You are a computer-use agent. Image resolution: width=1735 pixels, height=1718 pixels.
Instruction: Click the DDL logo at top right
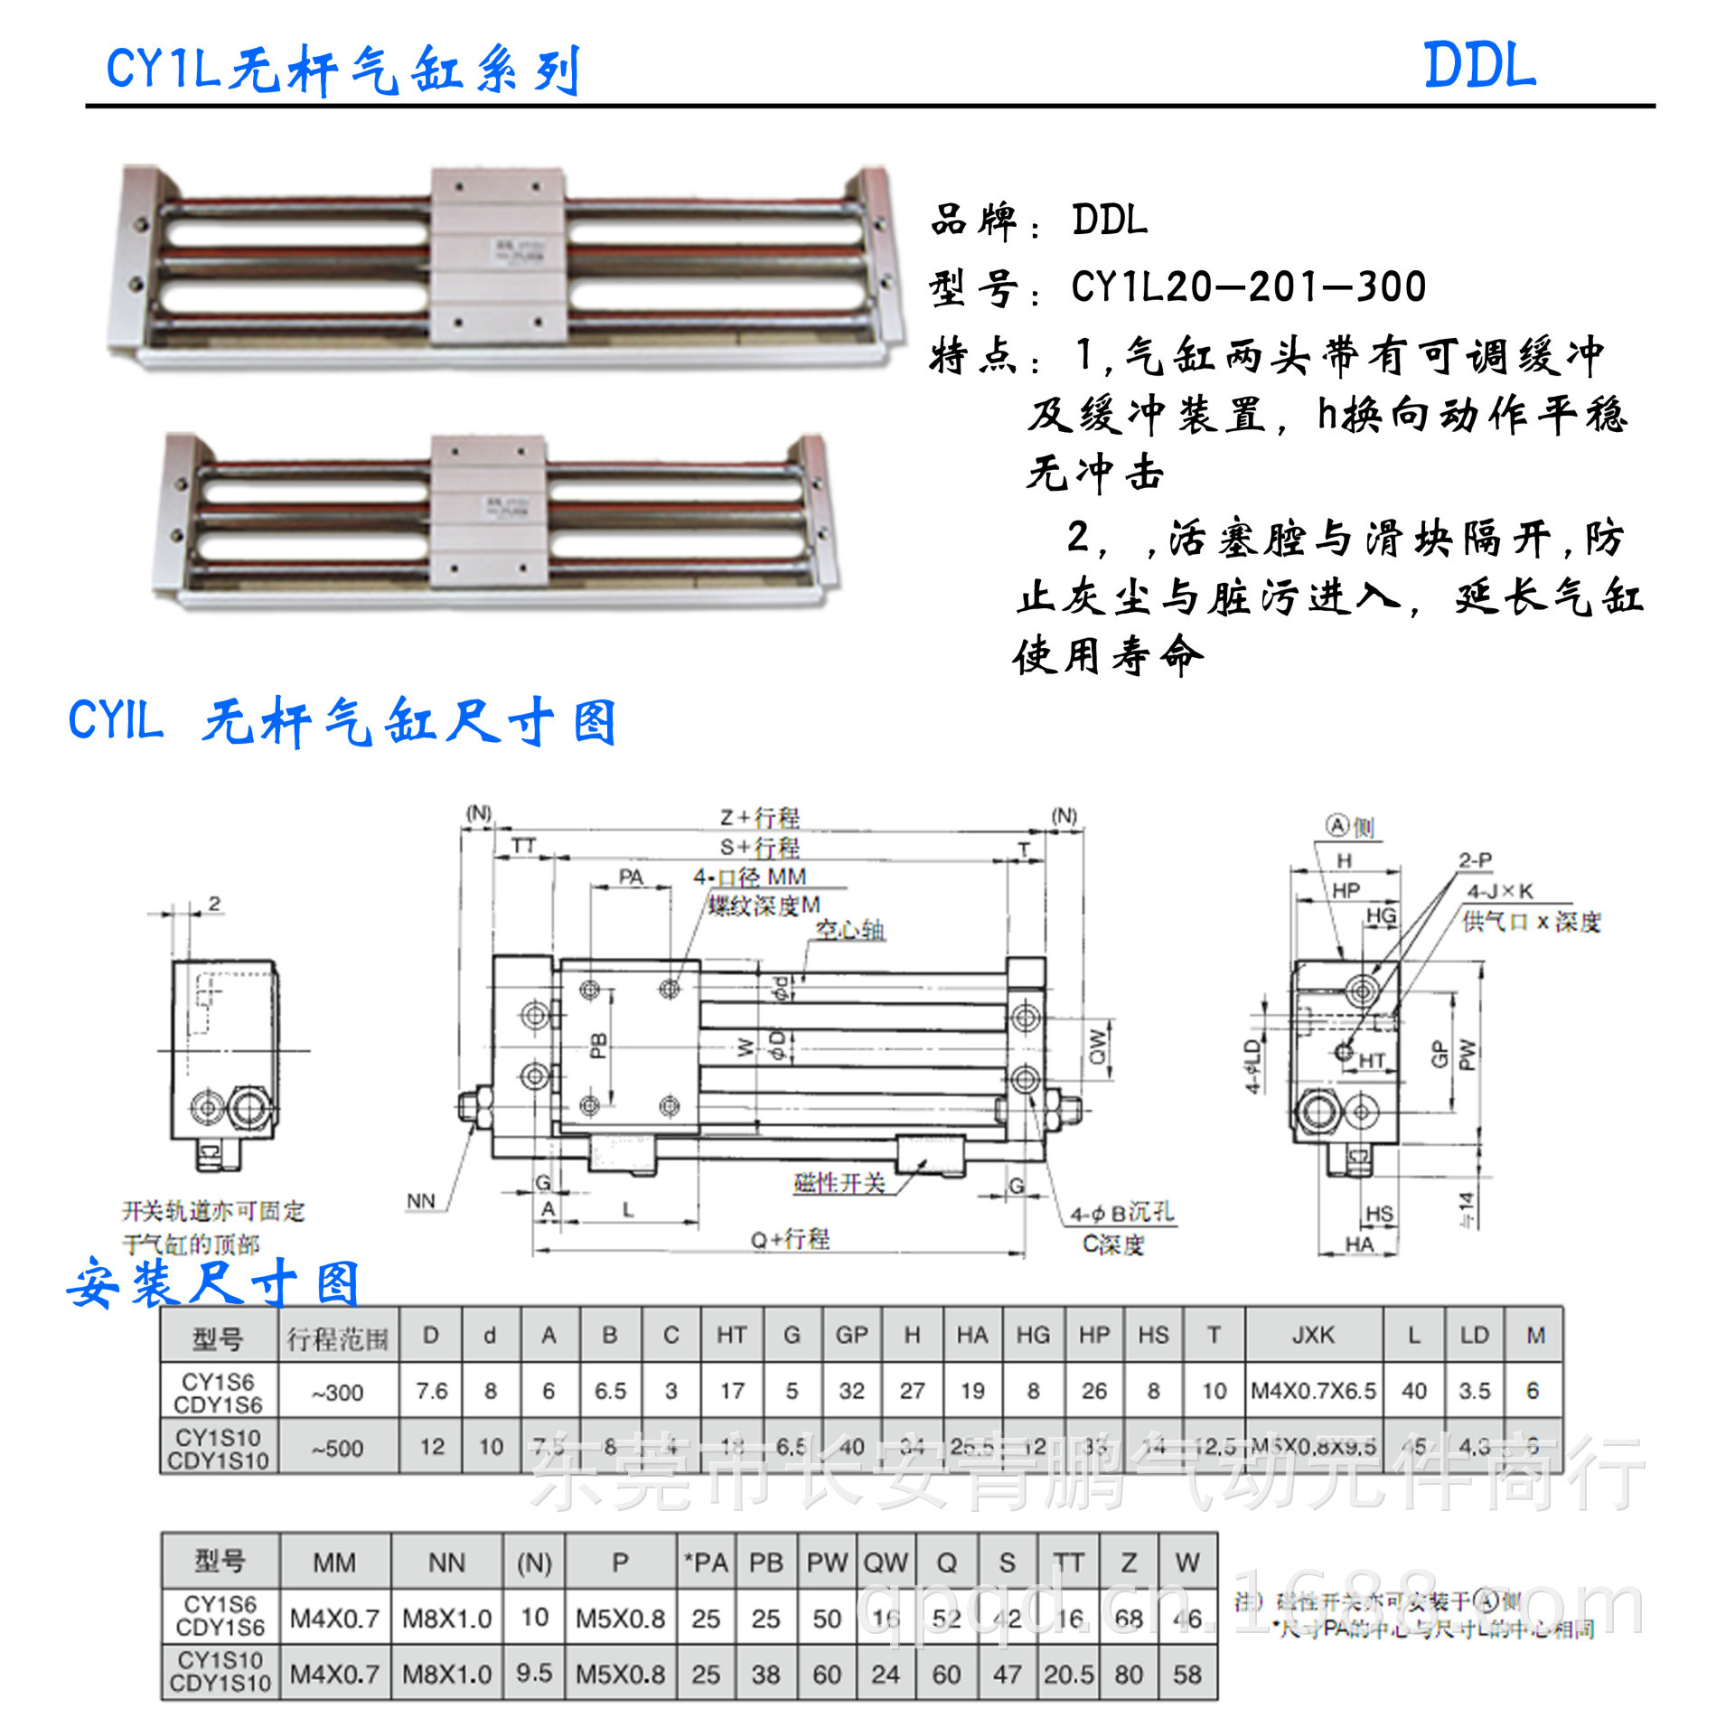tap(1479, 66)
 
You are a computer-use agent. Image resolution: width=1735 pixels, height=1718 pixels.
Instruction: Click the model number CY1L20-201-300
tap(1248, 287)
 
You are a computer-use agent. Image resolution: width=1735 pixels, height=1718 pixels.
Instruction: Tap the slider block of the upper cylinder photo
tap(499, 256)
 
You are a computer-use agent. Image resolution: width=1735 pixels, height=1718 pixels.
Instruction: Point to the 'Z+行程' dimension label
tap(759, 817)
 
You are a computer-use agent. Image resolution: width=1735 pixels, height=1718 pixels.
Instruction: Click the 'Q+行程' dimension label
tap(790, 1239)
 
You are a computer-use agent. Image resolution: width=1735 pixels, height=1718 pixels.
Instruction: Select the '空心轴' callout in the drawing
tap(850, 930)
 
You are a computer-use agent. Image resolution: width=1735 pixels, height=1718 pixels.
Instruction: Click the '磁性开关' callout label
tap(839, 1183)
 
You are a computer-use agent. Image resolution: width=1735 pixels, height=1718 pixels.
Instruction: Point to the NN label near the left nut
tap(420, 1201)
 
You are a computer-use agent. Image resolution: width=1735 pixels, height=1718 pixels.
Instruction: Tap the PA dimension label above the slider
tap(631, 877)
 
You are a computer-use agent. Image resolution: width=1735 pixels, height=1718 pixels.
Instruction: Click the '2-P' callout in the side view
tap(1475, 860)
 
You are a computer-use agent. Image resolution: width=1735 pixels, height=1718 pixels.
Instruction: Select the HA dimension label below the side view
tap(1359, 1245)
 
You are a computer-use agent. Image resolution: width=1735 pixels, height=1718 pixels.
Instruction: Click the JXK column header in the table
tap(1313, 1336)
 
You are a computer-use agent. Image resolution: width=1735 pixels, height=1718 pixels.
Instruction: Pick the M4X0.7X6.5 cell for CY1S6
tap(1313, 1391)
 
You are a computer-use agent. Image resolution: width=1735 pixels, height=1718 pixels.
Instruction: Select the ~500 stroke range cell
tap(337, 1449)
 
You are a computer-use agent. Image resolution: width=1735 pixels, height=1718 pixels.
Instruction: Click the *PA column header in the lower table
tap(706, 1563)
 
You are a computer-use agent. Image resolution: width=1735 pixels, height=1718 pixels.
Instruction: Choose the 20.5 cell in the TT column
tap(1068, 1675)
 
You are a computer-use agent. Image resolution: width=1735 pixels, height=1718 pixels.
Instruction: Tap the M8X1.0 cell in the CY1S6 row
tap(446, 1618)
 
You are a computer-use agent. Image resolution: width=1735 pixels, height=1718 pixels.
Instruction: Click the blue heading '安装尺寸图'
tap(213, 1284)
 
